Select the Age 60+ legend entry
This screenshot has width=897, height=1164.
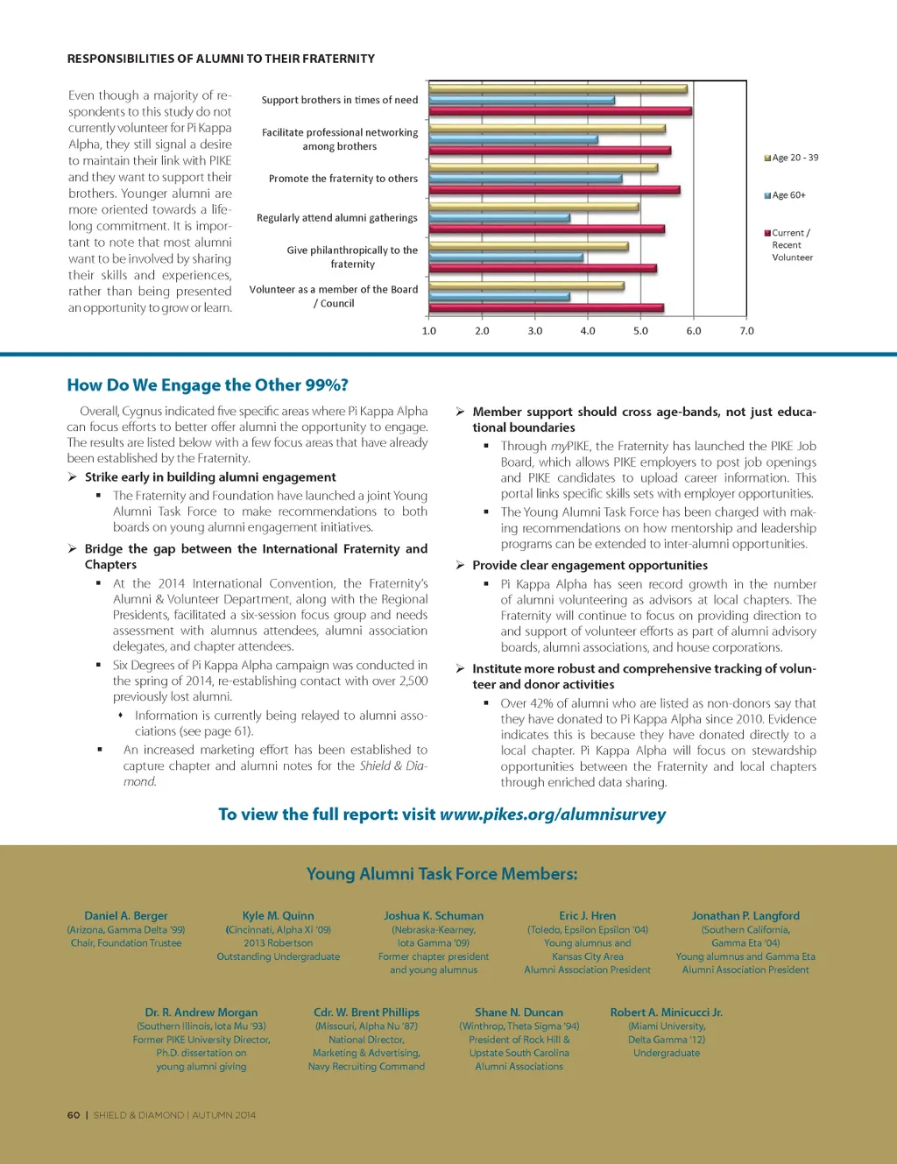pos(788,195)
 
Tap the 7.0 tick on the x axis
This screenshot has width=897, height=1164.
pos(746,331)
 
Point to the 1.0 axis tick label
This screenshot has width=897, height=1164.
pos(429,331)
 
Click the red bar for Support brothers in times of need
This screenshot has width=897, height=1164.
pos(561,111)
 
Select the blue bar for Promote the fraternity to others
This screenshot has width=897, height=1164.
pos(526,179)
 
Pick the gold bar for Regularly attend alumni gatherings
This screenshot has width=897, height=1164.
pos(534,208)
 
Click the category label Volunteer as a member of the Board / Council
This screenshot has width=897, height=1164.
pos(334,296)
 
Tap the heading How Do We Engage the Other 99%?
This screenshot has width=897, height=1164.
pos(208,385)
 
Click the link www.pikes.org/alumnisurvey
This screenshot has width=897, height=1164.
pos(553,815)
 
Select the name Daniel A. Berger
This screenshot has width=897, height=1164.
pos(126,916)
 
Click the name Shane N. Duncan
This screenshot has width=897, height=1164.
pos(519,1012)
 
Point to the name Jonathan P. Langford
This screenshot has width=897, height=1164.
pos(745,916)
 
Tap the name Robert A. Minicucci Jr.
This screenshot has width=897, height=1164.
pos(666,1012)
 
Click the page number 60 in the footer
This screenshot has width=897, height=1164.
pos(74,1115)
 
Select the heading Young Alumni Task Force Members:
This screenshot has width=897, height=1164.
pos(441,874)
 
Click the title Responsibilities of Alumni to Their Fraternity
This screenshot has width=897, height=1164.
pos(221,59)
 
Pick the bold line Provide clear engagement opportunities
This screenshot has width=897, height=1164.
pos(590,566)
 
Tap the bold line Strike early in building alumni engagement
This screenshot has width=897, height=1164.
pos(210,477)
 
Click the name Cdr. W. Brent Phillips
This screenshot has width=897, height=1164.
pos(366,1012)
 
